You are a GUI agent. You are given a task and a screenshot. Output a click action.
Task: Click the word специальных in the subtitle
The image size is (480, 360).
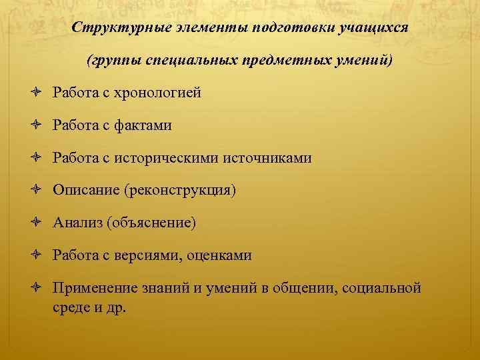(201, 61)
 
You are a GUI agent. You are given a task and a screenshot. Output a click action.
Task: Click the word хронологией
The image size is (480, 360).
(157, 93)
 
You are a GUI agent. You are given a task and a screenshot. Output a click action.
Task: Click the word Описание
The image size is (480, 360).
(85, 190)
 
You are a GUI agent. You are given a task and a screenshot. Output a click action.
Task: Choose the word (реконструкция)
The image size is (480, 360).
(179, 190)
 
